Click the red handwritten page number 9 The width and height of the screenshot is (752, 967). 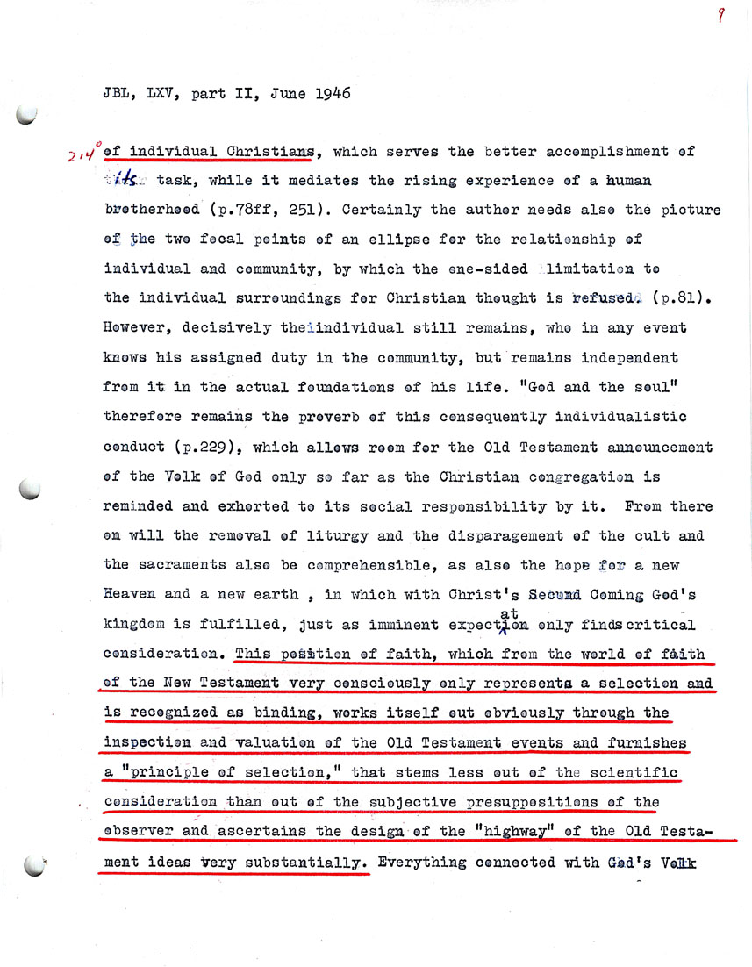720,16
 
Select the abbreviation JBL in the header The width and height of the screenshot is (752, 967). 117,94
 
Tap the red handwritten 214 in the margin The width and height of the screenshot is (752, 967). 83,154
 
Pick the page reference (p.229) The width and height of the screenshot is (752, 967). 204,447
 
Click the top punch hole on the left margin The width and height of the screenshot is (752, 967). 29,115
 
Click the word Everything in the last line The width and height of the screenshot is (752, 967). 421,863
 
